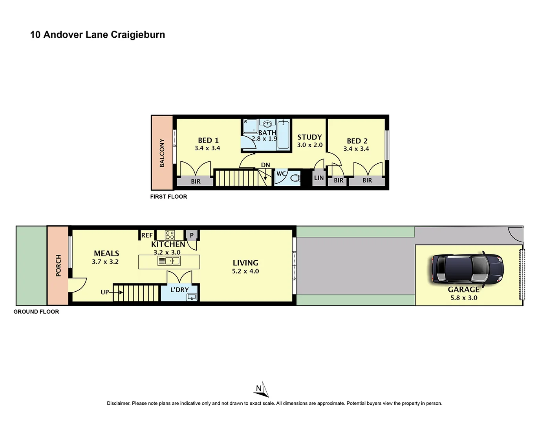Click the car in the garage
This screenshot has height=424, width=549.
click(468, 269)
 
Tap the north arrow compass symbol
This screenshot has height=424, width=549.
click(261, 389)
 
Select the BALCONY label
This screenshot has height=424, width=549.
click(162, 153)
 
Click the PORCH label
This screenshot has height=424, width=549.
click(59, 265)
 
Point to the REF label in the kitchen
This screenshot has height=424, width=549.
click(147, 235)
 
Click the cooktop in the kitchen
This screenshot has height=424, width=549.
click(170, 235)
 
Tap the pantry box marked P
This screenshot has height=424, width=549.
click(192, 235)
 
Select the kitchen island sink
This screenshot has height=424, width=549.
click(169, 261)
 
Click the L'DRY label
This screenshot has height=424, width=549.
click(179, 290)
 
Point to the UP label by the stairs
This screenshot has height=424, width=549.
click(104, 292)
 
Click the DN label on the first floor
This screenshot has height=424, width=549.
click(265, 165)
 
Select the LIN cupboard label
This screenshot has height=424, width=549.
click(319, 178)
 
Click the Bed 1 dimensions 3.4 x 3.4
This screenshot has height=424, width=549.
click(207, 148)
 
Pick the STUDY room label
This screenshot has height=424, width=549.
click(309, 137)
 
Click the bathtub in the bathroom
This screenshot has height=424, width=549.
click(283, 134)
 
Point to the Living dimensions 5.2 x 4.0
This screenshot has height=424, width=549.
click(245, 271)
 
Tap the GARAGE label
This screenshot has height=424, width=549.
click(463, 289)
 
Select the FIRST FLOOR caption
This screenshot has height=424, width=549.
click(168, 197)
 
